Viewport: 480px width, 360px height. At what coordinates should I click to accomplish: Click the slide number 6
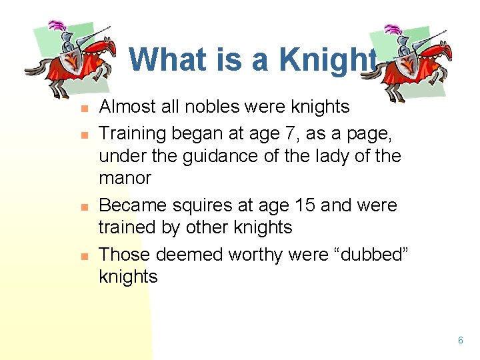click(x=460, y=341)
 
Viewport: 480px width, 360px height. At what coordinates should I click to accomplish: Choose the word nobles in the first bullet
click(x=217, y=107)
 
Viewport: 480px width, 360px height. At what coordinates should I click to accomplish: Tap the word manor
click(x=125, y=179)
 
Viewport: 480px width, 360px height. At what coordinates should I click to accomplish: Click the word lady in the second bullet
click(x=320, y=156)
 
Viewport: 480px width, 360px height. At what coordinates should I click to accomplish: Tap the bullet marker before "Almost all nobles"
click(x=83, y=107)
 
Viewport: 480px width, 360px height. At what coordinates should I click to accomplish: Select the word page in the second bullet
click(x=374, y=133)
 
